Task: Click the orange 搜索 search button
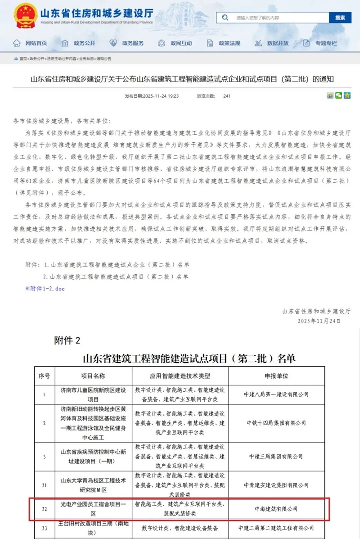[x=340, y=18]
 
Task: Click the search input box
[x=277, y=18]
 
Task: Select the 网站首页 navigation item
[x=31, y=43]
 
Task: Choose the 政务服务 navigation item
[x=127, y=43]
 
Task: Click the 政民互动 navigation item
[x=175, y=43]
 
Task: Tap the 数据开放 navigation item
[x=272, y=43]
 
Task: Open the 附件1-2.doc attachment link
[x=47, y=289]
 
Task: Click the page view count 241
[x=227, y=96]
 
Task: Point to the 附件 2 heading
[x=67, y=340]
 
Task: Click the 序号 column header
[x=44, y=376]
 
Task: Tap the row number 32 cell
[x=44, y=509]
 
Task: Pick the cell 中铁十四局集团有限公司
[x=276, y=423]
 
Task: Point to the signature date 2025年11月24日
[x=319, y=321]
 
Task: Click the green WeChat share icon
[x=338, y=95]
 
